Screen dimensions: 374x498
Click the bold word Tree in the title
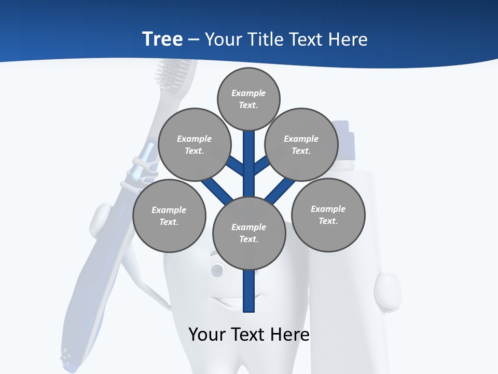pyautogui.click(x=162, y=39)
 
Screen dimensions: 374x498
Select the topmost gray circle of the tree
pyautogui.click(x=248, y=99)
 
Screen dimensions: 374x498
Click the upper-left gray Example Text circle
pyautogui.click(x=194, y=144)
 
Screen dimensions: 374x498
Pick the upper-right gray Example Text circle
pyautogui.click(x=301, y=144)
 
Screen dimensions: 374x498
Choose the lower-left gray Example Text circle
pyautogui.click(x=169, y=216)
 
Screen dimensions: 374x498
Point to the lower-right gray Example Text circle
pyautogui.click(x=328, y=215)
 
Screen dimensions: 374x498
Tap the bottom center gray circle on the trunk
pyautogui.click(x=248, y=233)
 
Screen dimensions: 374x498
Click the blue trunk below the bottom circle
pyautogui.click(x=249, y=291)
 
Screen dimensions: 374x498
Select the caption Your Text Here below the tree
pyautogui.click(x=248, y=335)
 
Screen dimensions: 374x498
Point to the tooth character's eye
pyautogui.click(x=217, y=269)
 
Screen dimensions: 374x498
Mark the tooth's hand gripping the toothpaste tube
pyautogui.click(x=387, y=291)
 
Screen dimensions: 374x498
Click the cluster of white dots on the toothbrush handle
pyautogui.click(x=66, y=355)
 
